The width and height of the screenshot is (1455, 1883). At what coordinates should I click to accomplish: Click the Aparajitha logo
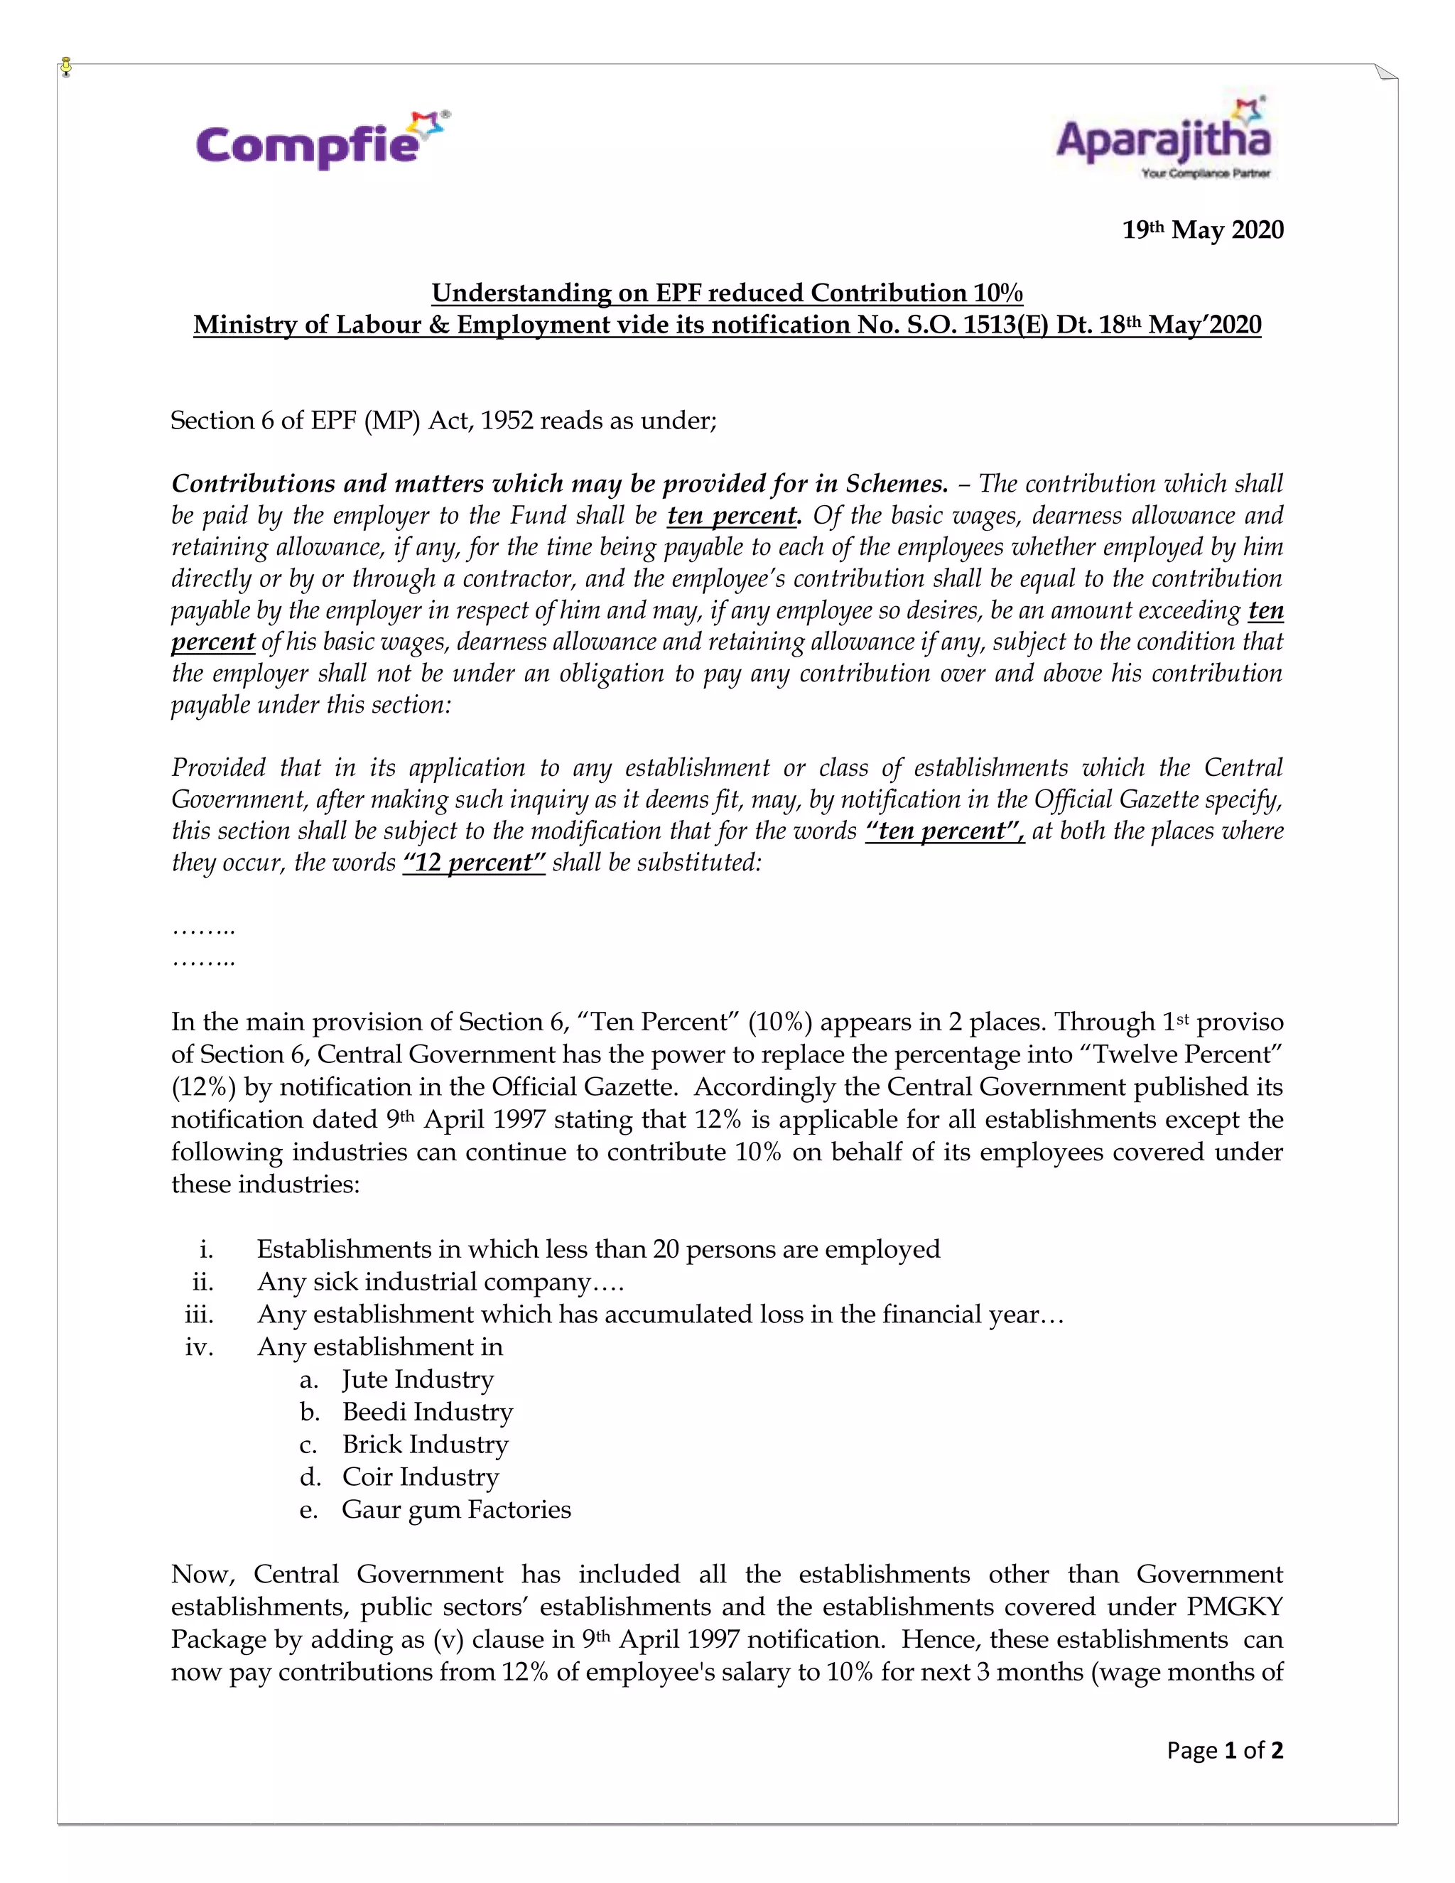pyautogui.click(x=1164, y=138)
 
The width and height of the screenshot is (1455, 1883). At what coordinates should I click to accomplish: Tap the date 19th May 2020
pyautogui.click(x=1203, y=230)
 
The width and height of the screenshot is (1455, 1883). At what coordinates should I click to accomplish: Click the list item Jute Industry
pyautogui.click(x=417, y=1379)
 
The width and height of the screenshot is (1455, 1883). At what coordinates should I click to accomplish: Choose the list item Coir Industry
pyautogui.click(x=420, y=1477)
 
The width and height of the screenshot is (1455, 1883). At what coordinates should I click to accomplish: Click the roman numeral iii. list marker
pyautogui.click(x=199, y=1315)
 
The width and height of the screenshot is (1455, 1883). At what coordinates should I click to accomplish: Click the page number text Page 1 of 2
pyautogui.click(x=1224, y=1750)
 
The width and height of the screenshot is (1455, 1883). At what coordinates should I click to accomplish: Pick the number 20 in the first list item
pyautogui.click(x=666, y=1249)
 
